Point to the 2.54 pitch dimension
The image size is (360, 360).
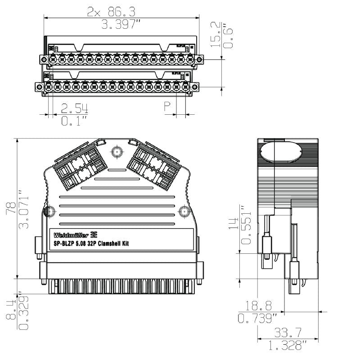75,108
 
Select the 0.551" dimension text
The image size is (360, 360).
246,225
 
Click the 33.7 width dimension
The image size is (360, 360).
288,333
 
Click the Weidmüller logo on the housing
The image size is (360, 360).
76,235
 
